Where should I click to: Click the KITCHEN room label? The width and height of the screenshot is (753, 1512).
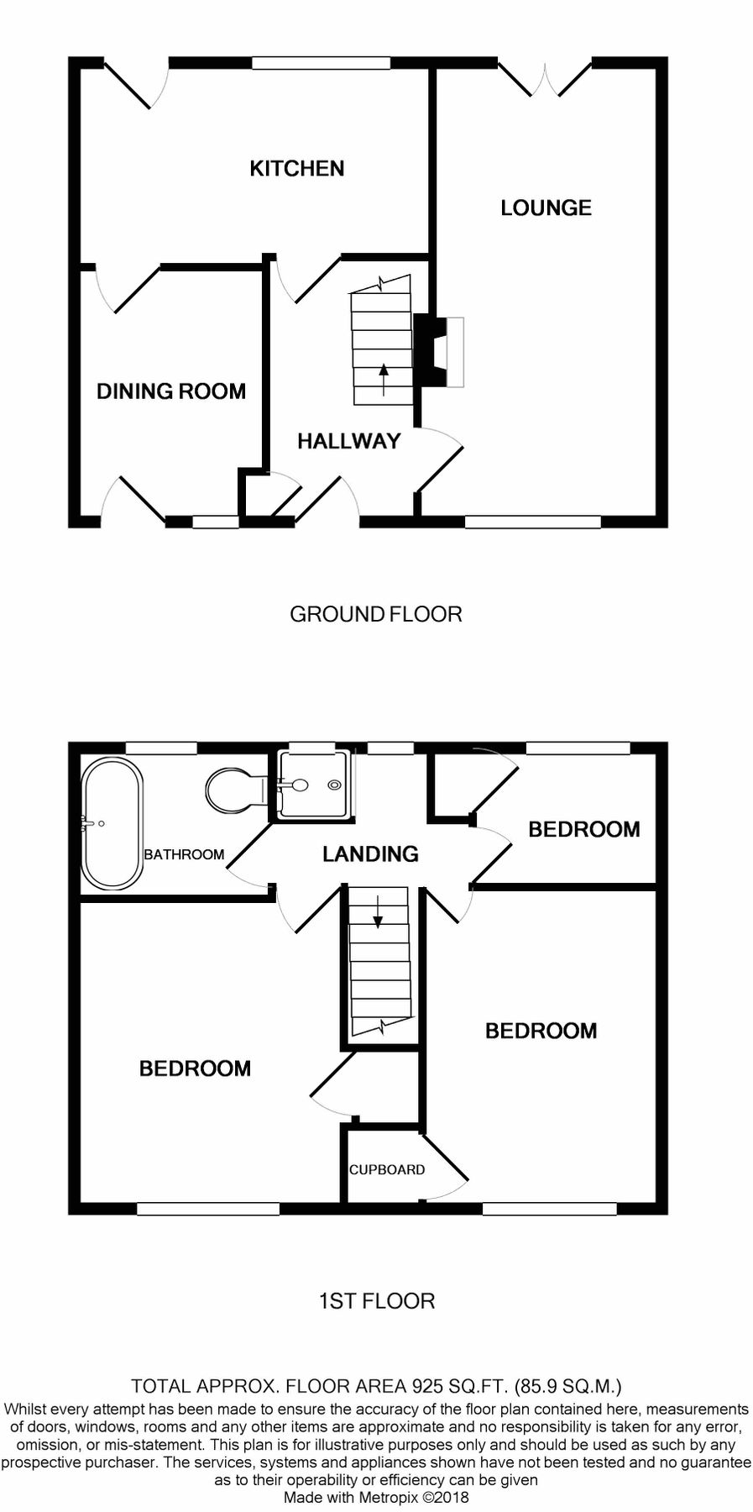coord(297,169)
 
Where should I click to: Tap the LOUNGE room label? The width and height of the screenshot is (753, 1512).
coord(546,207)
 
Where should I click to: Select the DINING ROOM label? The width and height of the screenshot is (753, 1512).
coord(171,391)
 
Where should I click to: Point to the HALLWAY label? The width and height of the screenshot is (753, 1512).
coord(348,441)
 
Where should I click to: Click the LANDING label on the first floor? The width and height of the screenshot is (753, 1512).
coord(370,854)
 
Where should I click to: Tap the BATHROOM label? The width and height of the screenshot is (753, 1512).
coord(184,854)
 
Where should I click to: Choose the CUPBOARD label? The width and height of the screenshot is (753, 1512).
coord(387,1169)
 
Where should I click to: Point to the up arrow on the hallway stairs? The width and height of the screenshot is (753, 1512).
coord(384,380)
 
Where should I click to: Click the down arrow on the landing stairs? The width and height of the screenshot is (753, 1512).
coord(378,912)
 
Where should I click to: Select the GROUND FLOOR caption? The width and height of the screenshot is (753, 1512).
coord(376,614)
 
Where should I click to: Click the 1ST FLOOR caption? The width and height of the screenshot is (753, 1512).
coord(377,1301)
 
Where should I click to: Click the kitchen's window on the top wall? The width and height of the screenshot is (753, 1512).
coord(310,62)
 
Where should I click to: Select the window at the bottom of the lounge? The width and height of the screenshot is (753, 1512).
coord(533,522)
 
